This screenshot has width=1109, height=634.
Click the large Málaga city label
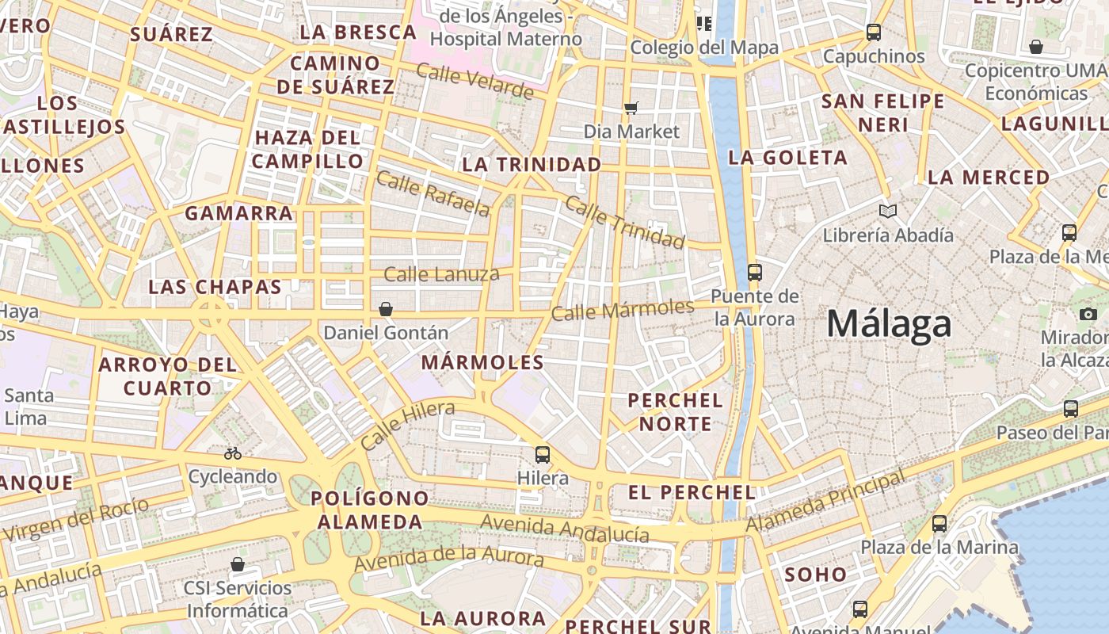tap(889, 324)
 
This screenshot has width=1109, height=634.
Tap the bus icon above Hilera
tap(543, 454)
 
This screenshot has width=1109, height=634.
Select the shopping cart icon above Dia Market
tap(631, 108)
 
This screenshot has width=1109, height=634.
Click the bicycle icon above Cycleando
tap(233, 453)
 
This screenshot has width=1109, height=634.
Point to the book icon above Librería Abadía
tap(888, 211)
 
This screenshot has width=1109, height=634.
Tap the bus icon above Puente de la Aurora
tap(754, 272)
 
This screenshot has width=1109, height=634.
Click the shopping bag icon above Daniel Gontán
tap(386, 309)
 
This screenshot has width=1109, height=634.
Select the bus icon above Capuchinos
tap(874, 32)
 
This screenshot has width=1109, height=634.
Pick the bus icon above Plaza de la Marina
tap(939, 523)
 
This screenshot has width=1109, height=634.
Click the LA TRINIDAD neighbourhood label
tap(532, 164)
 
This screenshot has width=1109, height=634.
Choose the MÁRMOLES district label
tap(482, 363)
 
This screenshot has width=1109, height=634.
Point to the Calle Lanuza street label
tap(441, 275)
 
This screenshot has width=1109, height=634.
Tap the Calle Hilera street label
tap(408, 425)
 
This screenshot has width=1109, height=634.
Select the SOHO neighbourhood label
tap(815, 575)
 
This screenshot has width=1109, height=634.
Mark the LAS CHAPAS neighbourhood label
tap(215, 287)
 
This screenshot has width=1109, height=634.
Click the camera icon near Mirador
tap(1088, 314)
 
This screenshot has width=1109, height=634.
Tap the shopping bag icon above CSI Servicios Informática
tap(238, 564)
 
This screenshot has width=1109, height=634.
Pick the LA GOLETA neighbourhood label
tap(787, 158)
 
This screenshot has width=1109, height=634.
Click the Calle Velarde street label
tap(474, 82)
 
